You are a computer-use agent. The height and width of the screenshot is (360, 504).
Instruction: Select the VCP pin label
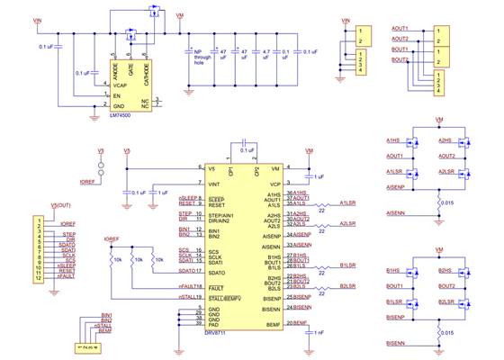coord(274,184)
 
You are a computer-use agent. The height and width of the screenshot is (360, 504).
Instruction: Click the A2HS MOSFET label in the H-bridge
coord(445,140)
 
